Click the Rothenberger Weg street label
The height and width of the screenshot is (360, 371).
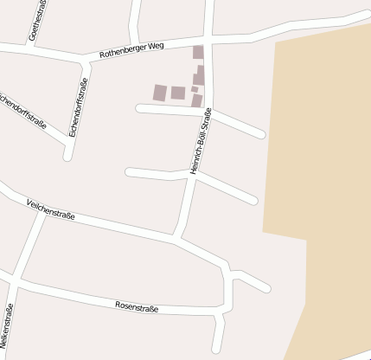tap(131, 50)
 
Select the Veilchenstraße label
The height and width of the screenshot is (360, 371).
tap(51, 209)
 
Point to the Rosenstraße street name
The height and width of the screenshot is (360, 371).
tap(138, 306)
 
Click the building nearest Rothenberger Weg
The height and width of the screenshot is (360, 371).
tap(198, 51)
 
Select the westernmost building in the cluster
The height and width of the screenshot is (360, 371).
tap(160, 92)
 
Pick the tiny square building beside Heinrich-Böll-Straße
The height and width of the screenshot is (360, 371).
tap(195, 89)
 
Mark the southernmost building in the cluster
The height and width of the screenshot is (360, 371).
tap(197, 101)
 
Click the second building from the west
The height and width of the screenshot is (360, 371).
tap(178, 93)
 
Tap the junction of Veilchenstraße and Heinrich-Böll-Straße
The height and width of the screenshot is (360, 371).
tap(176, 235)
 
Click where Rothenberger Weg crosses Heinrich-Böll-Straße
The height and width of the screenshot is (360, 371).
tap(209, 40)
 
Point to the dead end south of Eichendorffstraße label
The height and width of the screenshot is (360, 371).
tap(67, 157)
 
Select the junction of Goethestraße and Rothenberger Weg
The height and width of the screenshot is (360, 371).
tap(31, 48)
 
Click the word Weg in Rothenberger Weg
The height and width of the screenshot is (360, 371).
tap(156, 46)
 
